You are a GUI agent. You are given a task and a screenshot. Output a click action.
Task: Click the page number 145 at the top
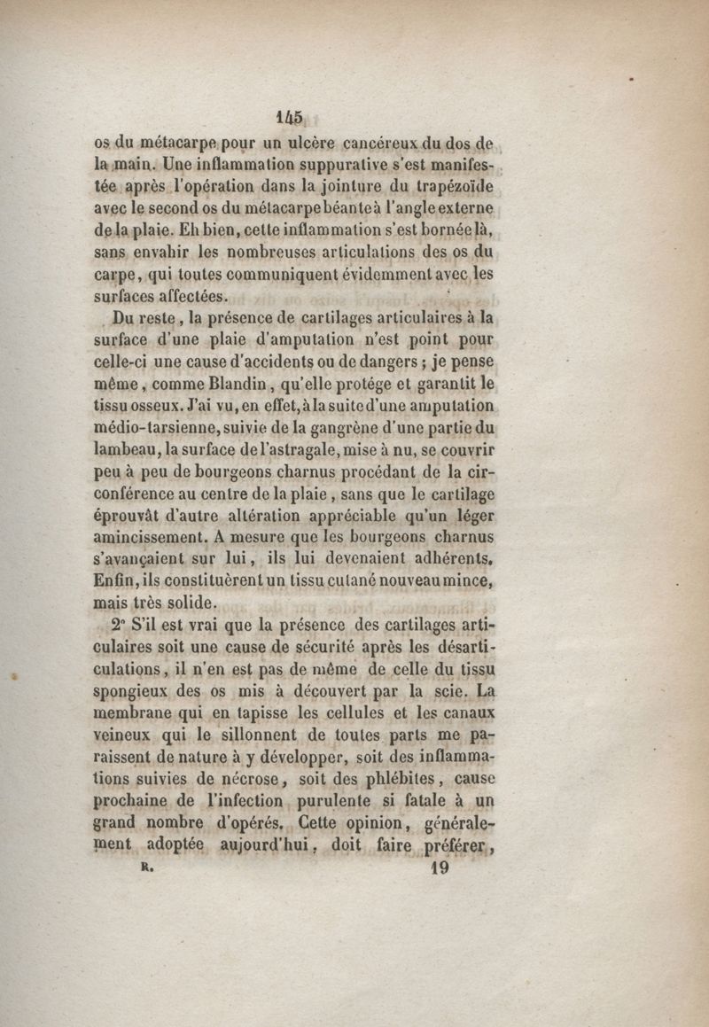point(290,118)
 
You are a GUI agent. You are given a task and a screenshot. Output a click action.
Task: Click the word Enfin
point(117,581)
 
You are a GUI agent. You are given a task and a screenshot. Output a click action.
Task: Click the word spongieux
point(138,689)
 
